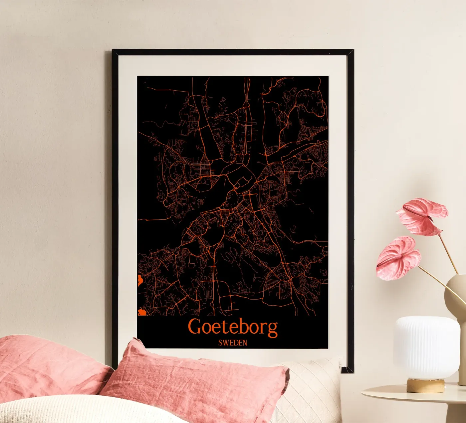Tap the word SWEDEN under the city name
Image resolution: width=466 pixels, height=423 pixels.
233,343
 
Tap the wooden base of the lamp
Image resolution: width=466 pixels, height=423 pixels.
425,385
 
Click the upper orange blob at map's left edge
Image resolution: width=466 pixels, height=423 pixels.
139,280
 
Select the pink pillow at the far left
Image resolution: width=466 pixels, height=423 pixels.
43,367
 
